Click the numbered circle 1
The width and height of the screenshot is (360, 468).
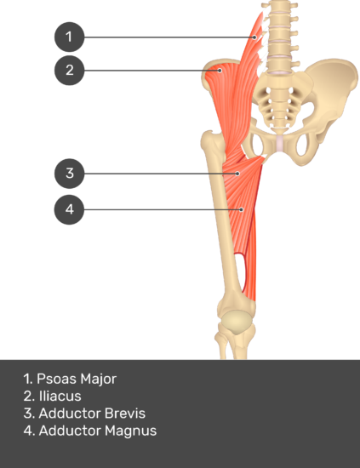(69, 37)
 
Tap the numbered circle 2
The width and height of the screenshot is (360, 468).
(69, 71)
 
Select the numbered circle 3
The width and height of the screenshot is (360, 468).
(69, 174)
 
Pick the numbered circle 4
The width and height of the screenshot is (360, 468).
(69, 209)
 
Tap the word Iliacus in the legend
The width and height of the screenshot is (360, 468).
(60, 396)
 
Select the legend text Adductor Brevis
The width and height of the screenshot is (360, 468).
(92, 414)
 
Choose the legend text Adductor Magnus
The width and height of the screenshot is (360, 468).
(98, 431)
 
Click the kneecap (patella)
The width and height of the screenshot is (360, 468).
(237, 322)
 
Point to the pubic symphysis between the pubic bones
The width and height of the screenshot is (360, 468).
(279, 142)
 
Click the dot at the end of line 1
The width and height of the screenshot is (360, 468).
(254, 37)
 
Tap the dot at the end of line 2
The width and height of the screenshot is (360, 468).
(220, 71)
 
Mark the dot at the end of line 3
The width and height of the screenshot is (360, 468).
(237, 174)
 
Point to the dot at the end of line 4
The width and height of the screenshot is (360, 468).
(242, 209)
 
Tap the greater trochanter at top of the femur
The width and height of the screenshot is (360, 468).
(211, 140)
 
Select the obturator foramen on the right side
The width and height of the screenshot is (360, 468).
(302, 145)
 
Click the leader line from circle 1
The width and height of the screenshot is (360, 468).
(169, 37)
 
